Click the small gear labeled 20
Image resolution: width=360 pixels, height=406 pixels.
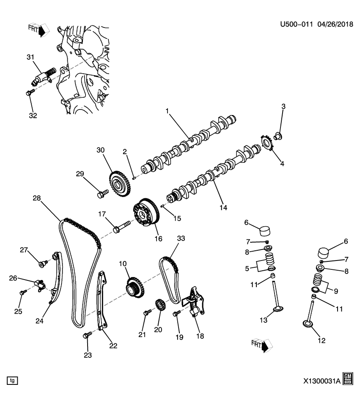tap(160, 306)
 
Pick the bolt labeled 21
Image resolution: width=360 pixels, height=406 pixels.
tap(147, 313)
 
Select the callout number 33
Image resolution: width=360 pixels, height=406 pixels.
tap(181, 239)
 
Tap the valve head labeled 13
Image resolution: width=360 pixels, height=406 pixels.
tap(278, 311)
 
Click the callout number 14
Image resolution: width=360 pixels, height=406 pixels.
tap(223, 208)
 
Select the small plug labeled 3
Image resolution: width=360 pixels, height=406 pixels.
tap(278, 136)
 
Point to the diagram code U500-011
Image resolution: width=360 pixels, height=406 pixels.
tap(296, 25)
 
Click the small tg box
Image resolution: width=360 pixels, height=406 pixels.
tap(12, 381)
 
